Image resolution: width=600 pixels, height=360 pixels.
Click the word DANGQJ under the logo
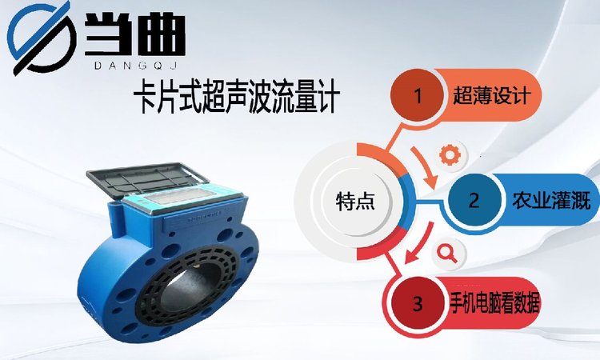(135, 66)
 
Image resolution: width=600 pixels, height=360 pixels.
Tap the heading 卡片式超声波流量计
(236, 98)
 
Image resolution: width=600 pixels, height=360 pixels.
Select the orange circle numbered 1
(418, 96)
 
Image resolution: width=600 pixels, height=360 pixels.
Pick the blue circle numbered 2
(474, 200)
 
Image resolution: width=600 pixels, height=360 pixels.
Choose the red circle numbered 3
(418, 304)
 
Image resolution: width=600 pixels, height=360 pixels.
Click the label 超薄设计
(491, 96)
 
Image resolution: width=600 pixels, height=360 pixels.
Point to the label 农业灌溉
(551, 200)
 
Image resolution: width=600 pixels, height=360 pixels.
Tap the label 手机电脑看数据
(494, 304)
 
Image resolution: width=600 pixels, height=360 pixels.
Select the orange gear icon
(449, 154)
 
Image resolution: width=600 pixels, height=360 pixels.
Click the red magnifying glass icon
(447, 254)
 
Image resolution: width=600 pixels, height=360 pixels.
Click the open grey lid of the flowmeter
(147, 180)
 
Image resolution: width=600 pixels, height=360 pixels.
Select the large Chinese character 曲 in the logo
(160, 34)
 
